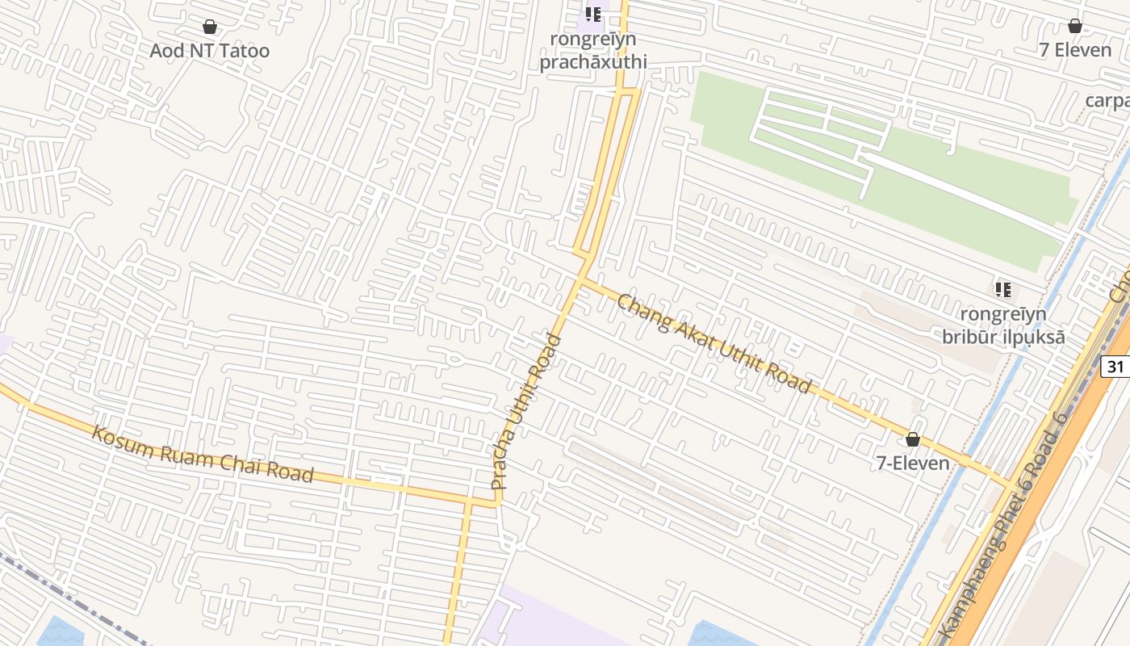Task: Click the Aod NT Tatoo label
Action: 210,51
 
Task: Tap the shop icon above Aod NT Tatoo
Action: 210,27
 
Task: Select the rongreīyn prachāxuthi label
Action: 593,51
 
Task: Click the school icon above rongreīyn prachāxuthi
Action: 593,14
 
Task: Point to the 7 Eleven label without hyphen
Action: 1075,50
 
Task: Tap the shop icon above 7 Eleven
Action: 1075,26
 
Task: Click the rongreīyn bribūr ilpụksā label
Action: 1003,325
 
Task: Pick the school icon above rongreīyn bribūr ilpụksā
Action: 1003,289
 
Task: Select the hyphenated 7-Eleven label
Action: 913,464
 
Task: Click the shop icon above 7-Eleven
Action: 913,439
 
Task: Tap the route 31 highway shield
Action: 1115,367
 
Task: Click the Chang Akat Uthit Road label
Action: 714,343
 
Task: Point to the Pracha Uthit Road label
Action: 526,412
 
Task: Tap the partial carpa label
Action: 1107,101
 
